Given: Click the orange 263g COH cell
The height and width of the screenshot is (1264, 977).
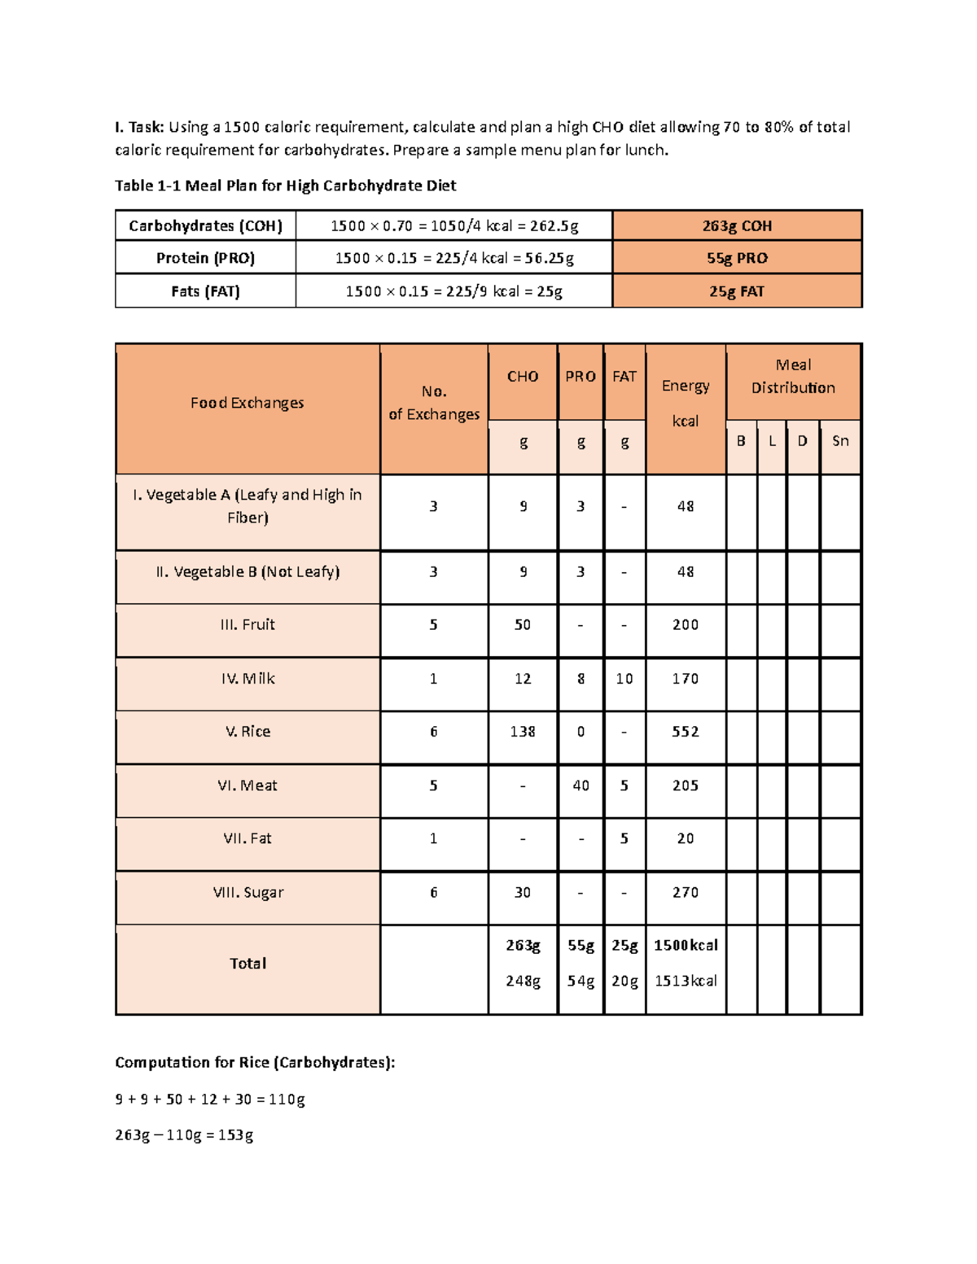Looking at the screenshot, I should (737, 225).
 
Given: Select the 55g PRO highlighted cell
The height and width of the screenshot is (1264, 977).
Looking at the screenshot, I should (737, 258).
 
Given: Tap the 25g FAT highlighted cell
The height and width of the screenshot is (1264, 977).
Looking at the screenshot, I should (737, 291).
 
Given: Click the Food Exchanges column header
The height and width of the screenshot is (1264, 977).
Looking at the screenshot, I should (248, 403).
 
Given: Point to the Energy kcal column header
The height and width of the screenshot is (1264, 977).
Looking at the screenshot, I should (686, 403).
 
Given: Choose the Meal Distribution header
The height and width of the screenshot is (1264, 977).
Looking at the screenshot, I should (793, 377).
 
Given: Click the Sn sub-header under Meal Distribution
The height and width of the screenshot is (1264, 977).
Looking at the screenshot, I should (840, 441).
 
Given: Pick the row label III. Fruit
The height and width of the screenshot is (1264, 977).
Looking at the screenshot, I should (248, 625).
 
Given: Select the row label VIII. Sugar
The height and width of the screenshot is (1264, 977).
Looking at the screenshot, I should (248, 893).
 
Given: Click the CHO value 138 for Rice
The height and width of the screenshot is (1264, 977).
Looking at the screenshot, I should (523, 732).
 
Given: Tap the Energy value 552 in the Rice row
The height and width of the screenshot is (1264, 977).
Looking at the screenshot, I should (686, 732).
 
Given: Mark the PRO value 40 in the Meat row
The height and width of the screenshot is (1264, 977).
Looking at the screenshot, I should (581, 785).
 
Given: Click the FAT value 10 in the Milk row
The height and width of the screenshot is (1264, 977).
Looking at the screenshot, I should (624, 679).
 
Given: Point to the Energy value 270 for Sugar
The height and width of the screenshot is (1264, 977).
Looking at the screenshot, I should (686, 893).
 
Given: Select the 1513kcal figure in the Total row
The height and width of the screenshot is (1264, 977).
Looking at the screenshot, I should (686, 982).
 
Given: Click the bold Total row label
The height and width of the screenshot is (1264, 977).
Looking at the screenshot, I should (248, 964).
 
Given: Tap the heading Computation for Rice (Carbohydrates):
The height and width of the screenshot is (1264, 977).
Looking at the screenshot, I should (255, 1062).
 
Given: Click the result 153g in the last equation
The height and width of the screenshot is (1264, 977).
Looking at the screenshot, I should (237, 1135).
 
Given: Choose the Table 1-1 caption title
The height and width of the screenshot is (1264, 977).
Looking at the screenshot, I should (285, 186).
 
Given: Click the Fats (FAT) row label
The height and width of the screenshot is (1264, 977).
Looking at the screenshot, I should (205, 291).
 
